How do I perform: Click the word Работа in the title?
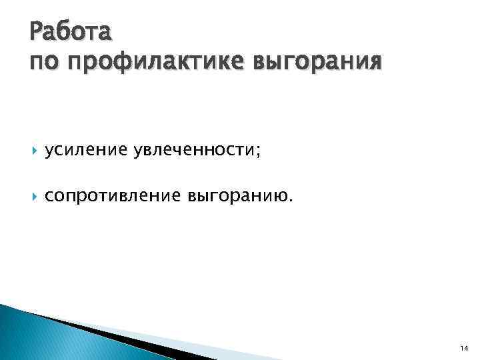(71, 31)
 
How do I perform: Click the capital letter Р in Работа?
(37, 31)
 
